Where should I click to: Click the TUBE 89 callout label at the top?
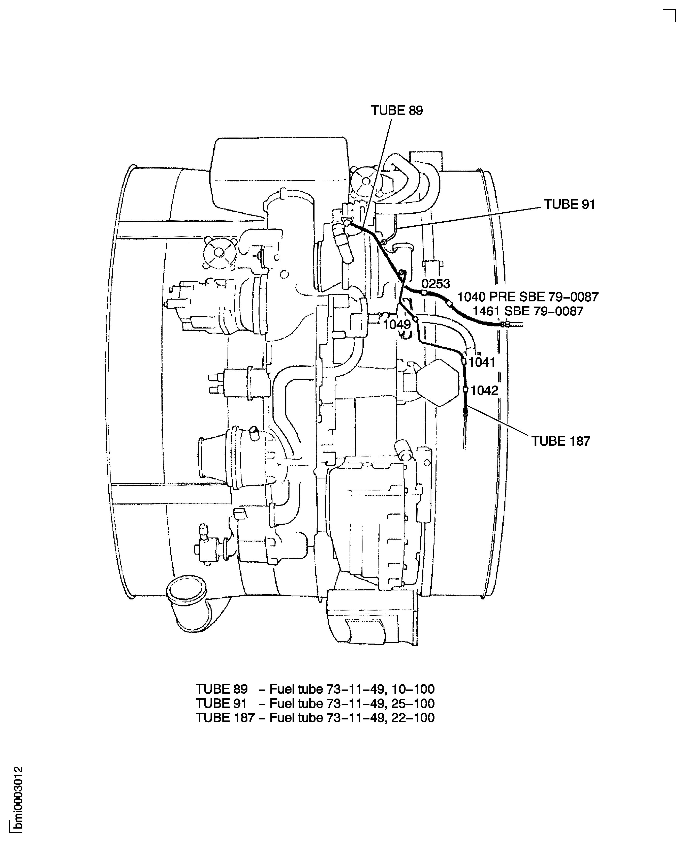(397, 110)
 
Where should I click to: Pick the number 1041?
(481, 362)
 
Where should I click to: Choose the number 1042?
(485, 391)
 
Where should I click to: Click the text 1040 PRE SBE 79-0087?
(528, 297)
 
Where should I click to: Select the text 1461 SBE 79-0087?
(528, 311)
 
